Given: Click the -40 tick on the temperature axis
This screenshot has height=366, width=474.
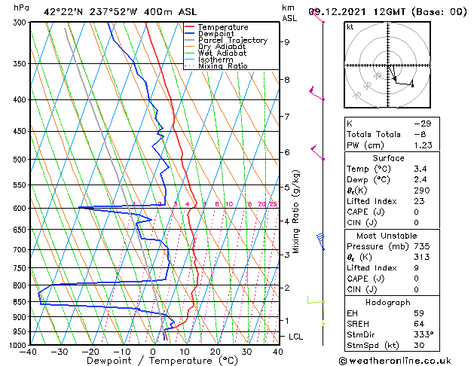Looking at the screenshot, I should (29, 351).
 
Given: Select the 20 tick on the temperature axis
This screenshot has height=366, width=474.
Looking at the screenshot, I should (216, 351).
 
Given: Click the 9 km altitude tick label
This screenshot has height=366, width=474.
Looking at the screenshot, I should (286, 42).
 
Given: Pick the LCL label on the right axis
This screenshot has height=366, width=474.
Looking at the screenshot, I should (295, 337).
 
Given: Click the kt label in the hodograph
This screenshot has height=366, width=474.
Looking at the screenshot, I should (350, 26).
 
